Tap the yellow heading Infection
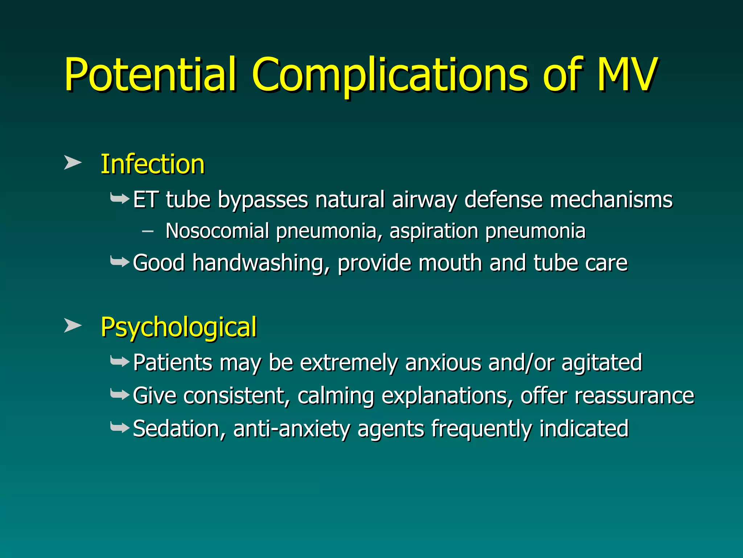pyautogui.click(x=152, y=164)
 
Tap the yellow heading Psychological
pyautogui.click(x=178, y=327)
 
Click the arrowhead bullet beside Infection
pyautogui.click(x=72, y=162)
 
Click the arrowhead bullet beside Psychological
pyautogui.click(x=72, y=325)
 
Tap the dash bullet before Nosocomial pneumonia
pyautogui.click(x=147, y=231)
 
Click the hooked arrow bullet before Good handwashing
pyautogui.click(x=119, y=261)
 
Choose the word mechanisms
pyautogui.click(x=611, y=200)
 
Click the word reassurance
pyautogui.click(x=634, y=396)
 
